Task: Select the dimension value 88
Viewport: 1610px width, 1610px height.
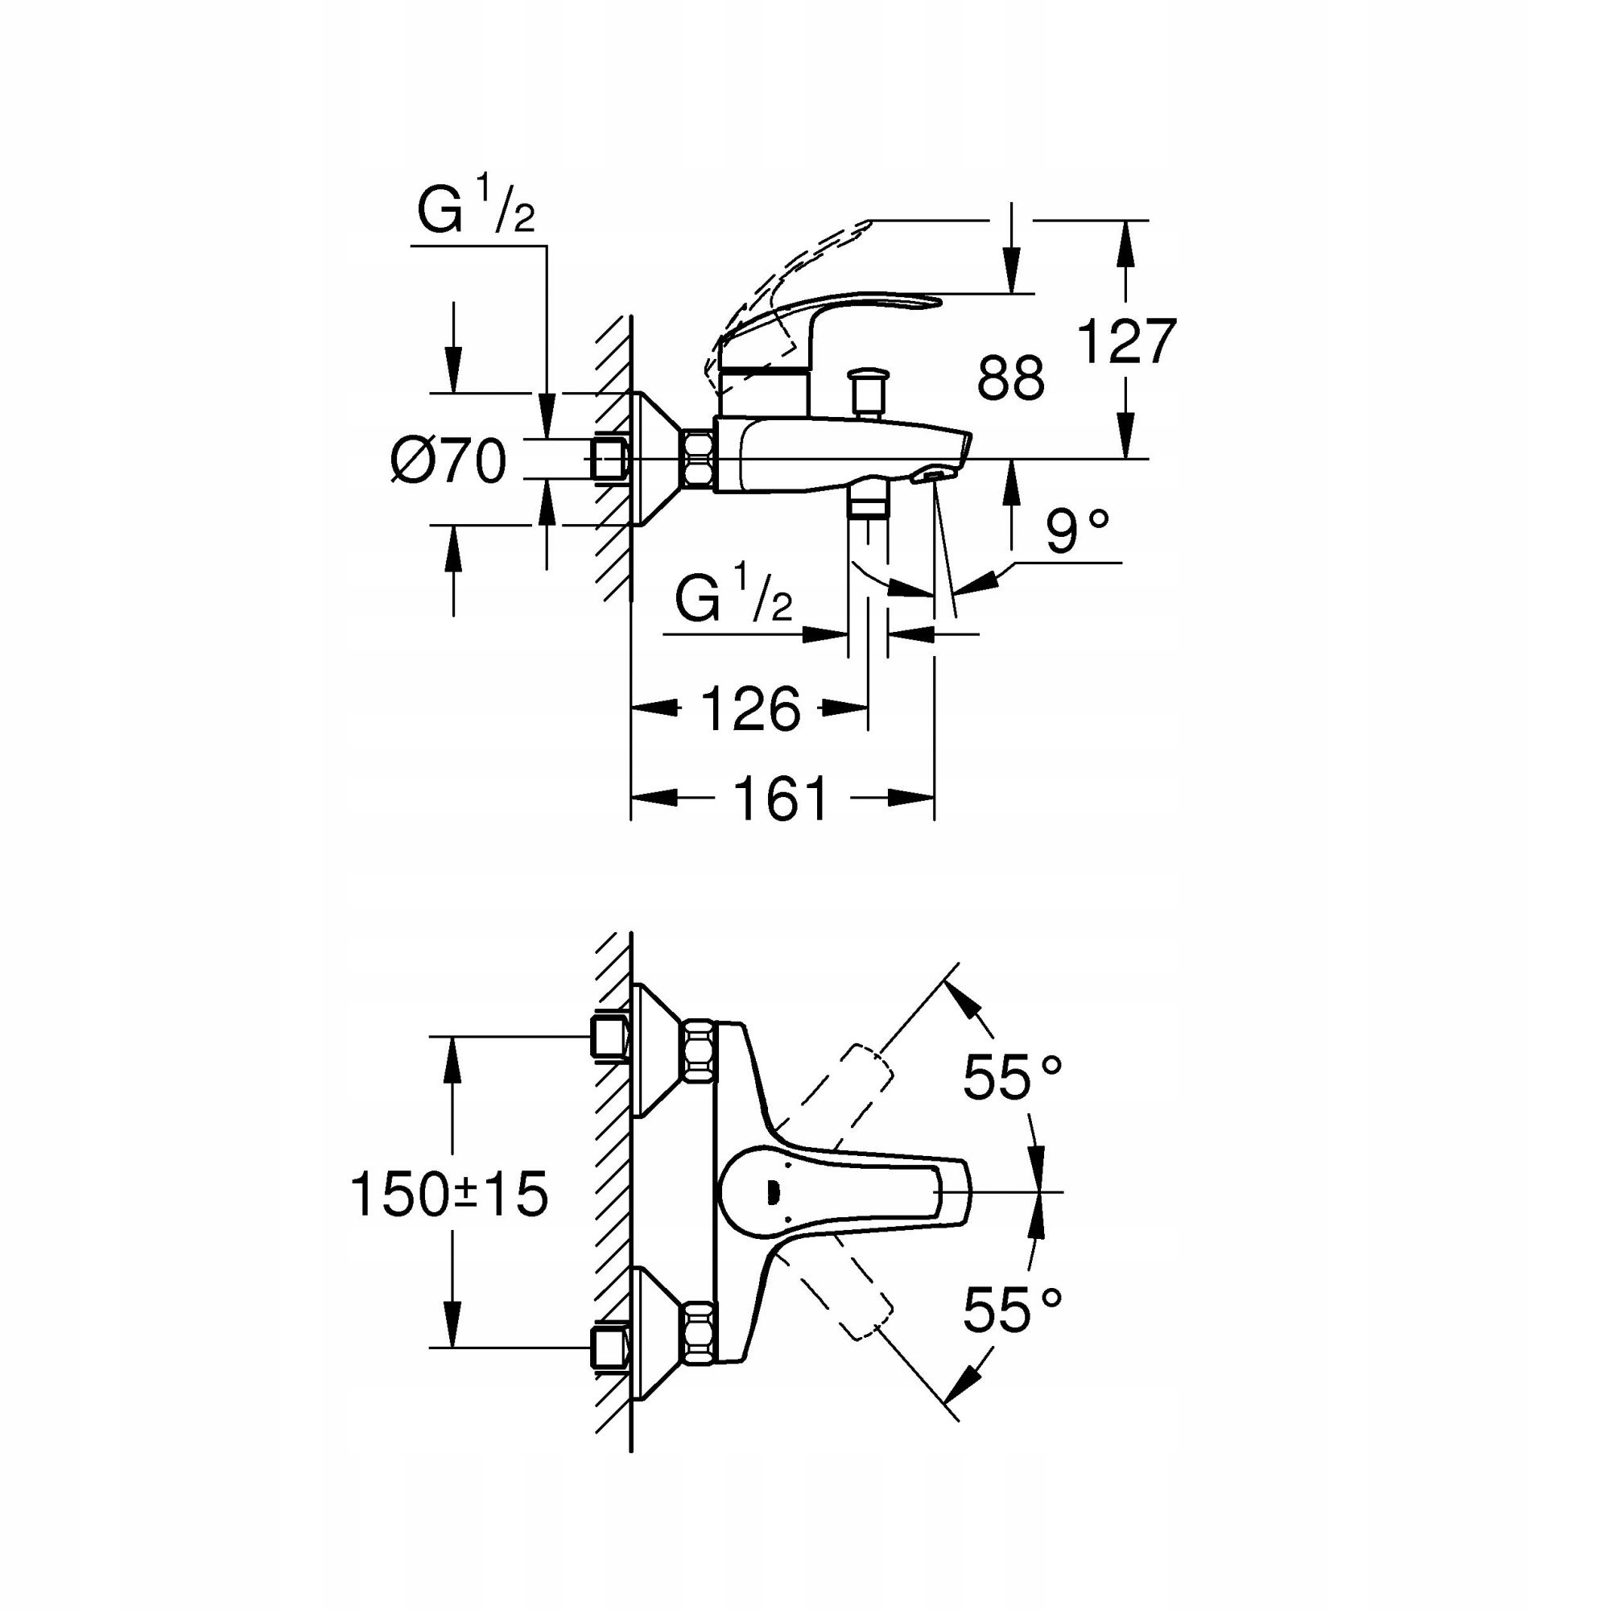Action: [x=1010, y=378]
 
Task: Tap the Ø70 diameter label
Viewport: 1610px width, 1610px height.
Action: [x=448, y=460]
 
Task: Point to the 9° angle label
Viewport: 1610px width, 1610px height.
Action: [x=1078, y=531]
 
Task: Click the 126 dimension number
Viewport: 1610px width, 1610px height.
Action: [x=750, y=709]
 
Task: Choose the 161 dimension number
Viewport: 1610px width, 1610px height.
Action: [x=781, y=799]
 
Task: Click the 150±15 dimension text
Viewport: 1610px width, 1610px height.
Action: [x=449, y=1194]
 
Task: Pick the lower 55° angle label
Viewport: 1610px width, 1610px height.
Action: [x=1012, y=1309]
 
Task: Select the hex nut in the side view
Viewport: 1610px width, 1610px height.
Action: [x=698, y=458]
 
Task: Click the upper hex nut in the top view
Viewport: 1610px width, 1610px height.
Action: [x=698, y=1052]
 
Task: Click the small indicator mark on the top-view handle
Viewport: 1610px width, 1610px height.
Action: [x=772, y=1193]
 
